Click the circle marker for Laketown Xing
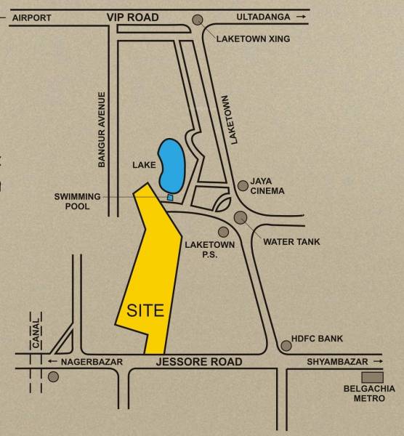[x=197, y=22]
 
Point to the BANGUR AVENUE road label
[x=102, y=130]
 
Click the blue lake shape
[x=171, y=163]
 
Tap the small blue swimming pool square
[x=171, y=197]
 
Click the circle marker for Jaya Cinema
[x=242, y=186]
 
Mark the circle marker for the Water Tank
[x=240, y=217]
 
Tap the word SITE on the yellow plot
[x=145, y=310]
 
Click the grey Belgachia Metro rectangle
[x=372, y=377]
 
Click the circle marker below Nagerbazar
[x=52, y=377]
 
